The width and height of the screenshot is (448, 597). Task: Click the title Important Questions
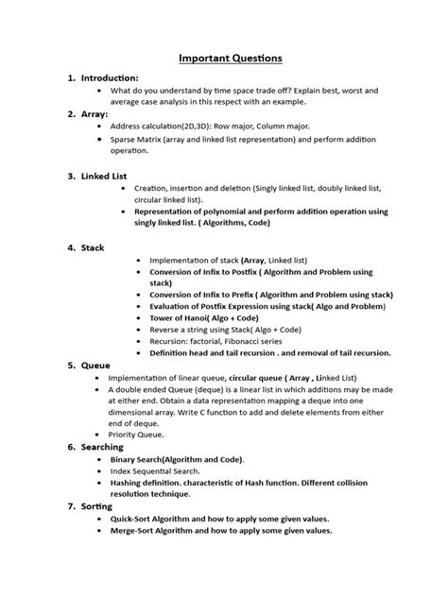click(231, 59)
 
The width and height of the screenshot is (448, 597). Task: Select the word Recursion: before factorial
click(173, 340)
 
